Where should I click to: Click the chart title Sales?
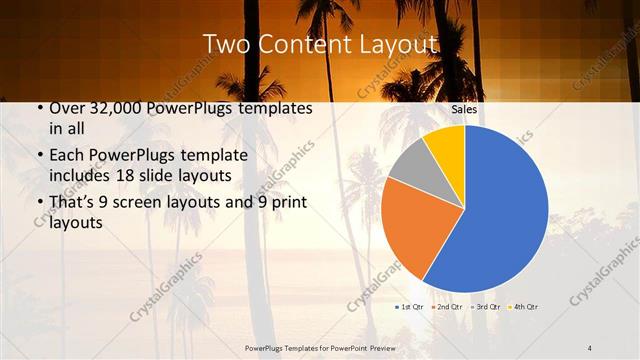tap(464, 109)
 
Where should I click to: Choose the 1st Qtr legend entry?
tap(410, 306)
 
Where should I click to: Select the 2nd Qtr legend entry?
tap(446, 306)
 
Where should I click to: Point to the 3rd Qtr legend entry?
tap(483, 306)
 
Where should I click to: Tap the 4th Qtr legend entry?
tap(521, 306)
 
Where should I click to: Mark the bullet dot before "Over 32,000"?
tap(38, 108)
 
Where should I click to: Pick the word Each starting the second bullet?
tap(67, 155)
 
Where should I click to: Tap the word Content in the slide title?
tap(303, 45)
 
